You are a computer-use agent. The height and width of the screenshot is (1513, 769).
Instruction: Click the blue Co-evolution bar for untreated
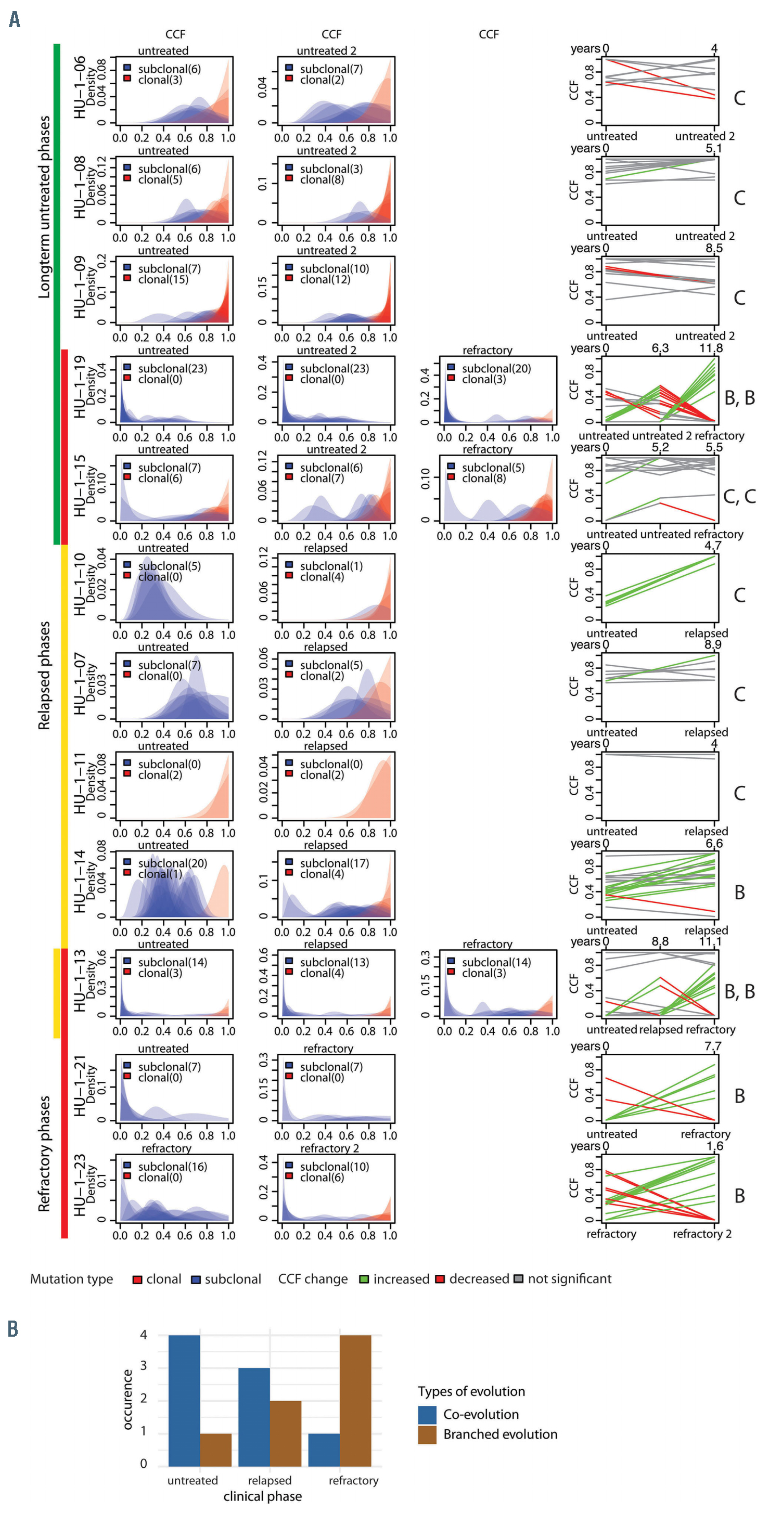point(184,1400)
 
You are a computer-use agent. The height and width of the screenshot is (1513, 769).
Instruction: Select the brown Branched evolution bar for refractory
point(355,1400)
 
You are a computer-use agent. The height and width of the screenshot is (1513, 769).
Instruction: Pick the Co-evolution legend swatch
point(427,1414)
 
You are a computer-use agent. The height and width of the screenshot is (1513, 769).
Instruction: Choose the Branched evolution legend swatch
point(427,1434)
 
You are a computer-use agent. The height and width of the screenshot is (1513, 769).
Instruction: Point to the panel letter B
point(13,1328)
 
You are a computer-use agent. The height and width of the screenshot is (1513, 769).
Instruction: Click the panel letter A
point(15,20)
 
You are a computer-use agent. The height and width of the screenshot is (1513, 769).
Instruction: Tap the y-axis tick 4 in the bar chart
point(144,1335)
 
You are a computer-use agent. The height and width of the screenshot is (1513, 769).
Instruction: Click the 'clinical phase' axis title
point(263,1496)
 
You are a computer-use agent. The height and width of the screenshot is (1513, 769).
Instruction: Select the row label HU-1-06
point(80,87)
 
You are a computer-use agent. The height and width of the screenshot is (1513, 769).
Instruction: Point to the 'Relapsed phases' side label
point(44,676)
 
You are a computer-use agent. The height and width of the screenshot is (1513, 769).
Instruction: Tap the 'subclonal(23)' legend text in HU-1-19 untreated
point(172,368)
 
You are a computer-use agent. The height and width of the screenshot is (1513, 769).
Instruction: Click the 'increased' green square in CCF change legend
point(364,1279)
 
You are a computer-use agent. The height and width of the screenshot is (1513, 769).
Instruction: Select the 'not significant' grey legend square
point(518,1279)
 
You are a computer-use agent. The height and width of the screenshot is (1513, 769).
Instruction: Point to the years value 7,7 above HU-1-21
point(713,1046)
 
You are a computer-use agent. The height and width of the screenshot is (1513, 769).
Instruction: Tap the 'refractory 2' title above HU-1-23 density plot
point(329,1148)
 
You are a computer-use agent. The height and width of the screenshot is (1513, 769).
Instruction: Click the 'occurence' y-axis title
point(127,1398)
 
